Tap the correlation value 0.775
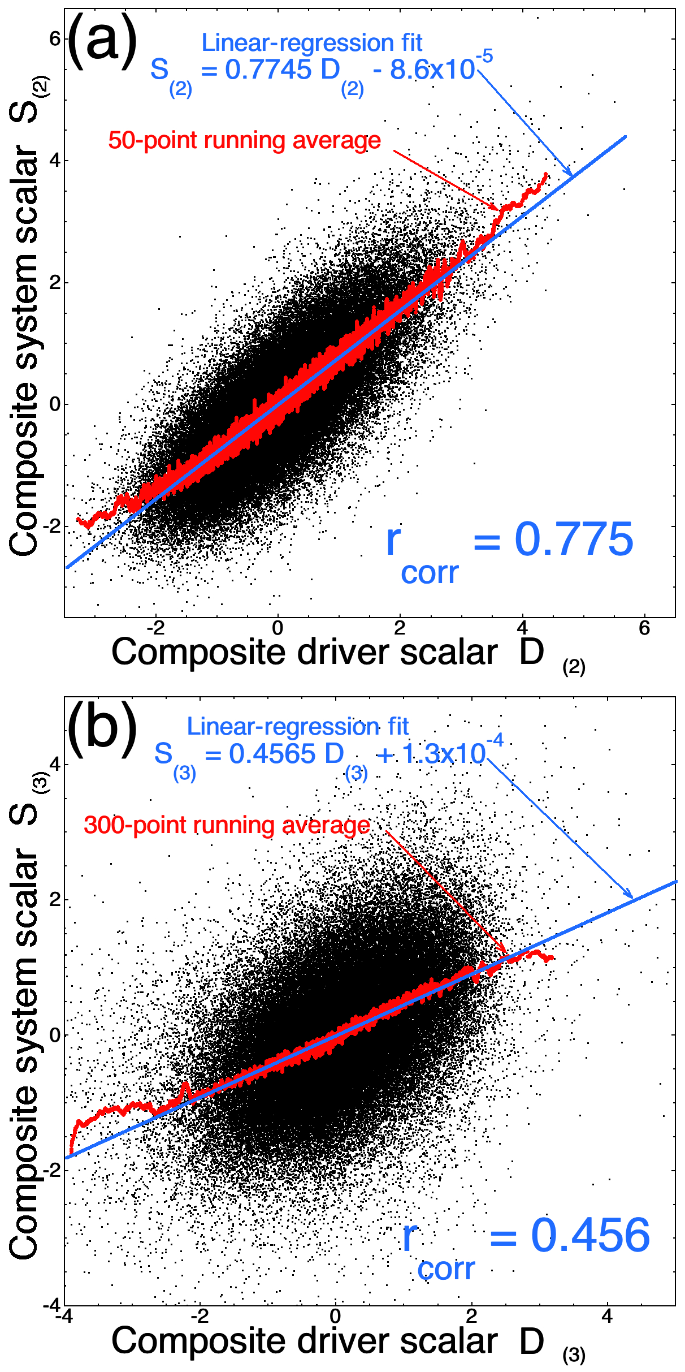(x=573, y=540)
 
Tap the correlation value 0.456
(x=590, y=1236)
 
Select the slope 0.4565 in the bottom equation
(x=272, y=754)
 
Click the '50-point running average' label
(x=244, y=140)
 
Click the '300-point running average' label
(x=227, y=825)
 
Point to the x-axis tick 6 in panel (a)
(x=644, y=628)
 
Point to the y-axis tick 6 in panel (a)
(x=55, y=39)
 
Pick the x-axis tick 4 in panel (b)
(x=607, y=1316)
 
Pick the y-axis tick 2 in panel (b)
(x=55, y=900)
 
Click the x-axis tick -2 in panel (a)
(x=155, y=628)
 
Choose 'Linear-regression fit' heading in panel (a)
(x=311, y=43)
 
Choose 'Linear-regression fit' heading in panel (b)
(x=297, y=727)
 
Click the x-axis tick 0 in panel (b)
(x=336, y=1316)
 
